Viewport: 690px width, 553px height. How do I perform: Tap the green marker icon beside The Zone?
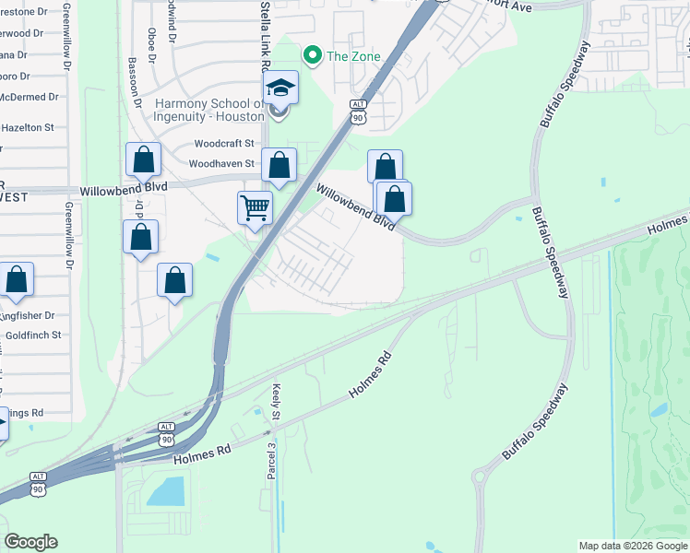tap(313, 56)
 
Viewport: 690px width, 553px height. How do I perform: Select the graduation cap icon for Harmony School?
tap(280, 89)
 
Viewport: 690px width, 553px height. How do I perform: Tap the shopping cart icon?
tap(255, 206)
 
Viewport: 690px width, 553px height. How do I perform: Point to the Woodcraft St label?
tap(223, 144)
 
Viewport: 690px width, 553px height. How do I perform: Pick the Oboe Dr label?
tap(151, 42)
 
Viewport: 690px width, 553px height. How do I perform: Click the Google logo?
tap(30, 542)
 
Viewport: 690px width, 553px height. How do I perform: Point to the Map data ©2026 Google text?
tap(632, 546)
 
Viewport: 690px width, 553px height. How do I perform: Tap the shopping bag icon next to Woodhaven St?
tap(280, 166)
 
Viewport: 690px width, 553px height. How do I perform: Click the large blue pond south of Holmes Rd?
tap(167, 491)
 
